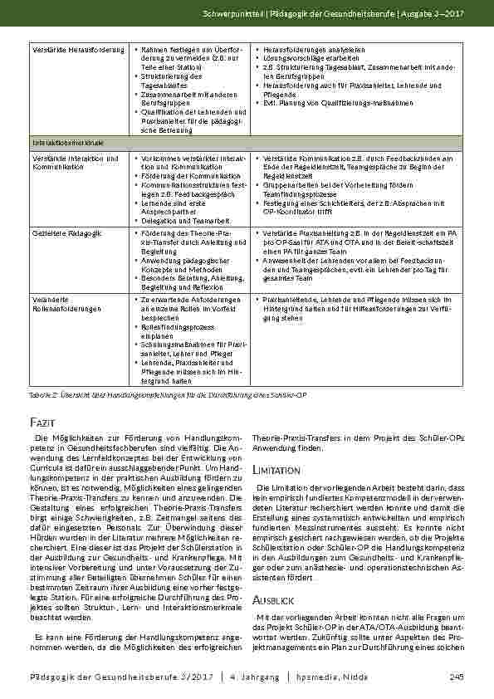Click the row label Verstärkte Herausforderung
click(66, 50)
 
